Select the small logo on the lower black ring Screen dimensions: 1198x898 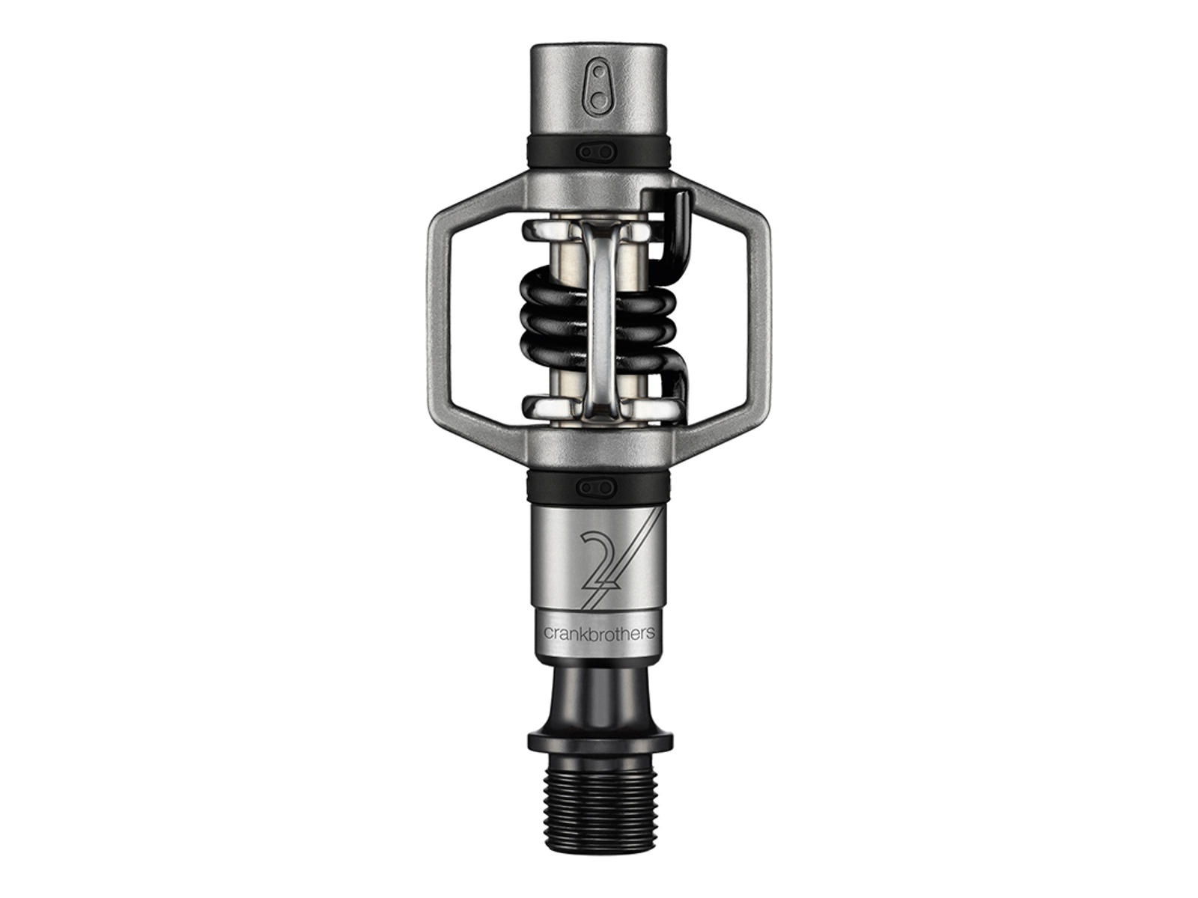pyautogui.click(x=598, y=485)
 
